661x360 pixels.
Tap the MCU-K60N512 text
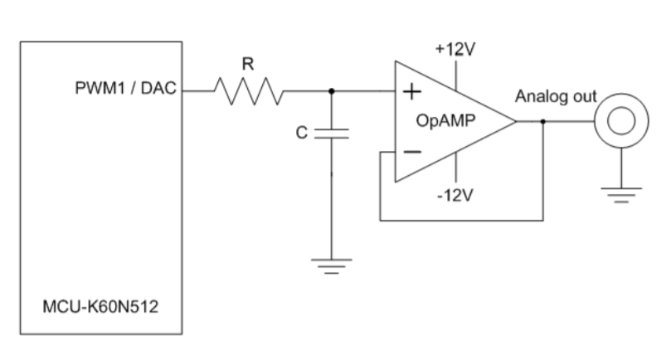click(x=100, y=308)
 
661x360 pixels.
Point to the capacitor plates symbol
click(x=332, y=133)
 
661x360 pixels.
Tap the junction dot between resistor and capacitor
click(x=332, y=90)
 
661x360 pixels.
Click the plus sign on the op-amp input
click(x=410, y=91)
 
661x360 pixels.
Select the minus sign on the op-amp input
click(x=410, y=152)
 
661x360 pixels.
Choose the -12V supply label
click(x=455, y=196)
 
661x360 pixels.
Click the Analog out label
click(x=556, y=97)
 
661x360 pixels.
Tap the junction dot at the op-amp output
click(x=542, y=121)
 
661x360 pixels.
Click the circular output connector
click(x=619, y=121)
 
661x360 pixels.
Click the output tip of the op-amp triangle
click(x=516, y=121)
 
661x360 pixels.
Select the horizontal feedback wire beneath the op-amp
click(x=460, y=221)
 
